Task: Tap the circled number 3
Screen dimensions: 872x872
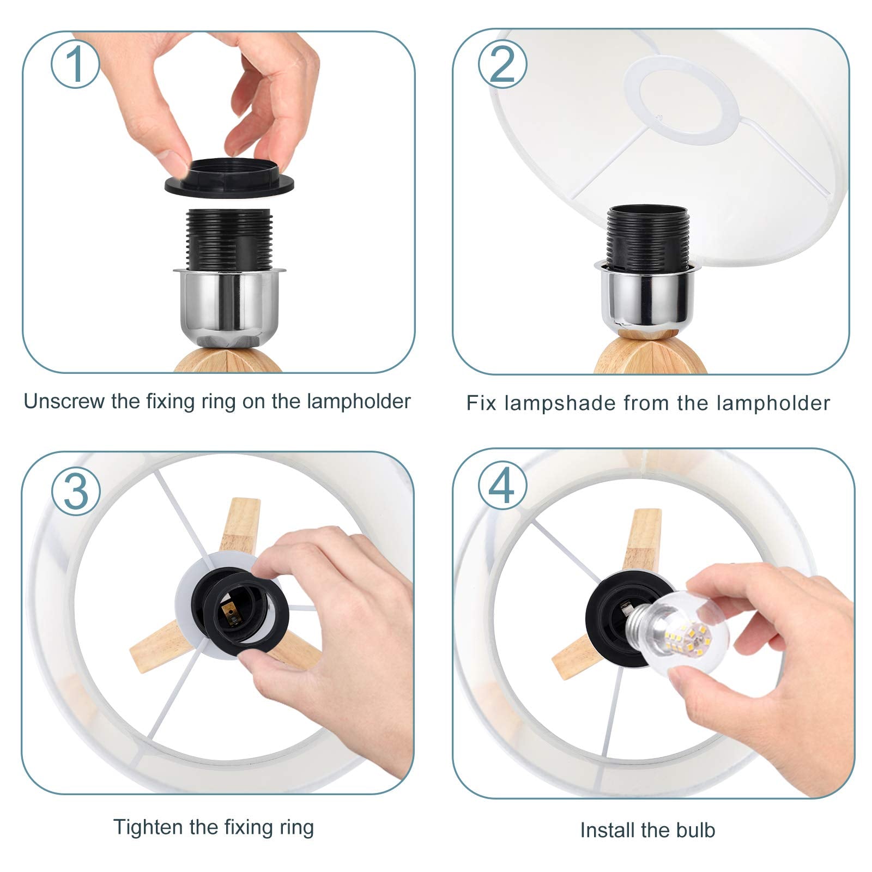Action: pos(76,491)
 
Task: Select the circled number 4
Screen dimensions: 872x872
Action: pos(502,485)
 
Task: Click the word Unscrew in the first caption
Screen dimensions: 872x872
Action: pos(64,402)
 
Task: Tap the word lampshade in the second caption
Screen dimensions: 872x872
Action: pos(561,404)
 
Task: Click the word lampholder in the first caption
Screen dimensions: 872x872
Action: pos(358,402)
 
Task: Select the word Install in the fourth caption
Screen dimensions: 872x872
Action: pos(607,830)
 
